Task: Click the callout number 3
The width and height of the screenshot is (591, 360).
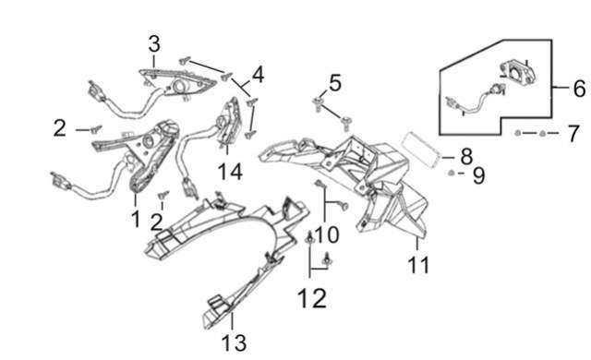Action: click(x=154, y=44)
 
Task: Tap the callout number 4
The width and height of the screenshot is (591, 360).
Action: click(x=258, y=75)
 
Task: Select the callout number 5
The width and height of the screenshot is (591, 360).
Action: click(x=334, y=83)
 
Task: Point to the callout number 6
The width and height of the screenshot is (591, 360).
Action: click(x=579, y=89)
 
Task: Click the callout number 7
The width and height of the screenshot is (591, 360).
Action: click(x=573, y=134)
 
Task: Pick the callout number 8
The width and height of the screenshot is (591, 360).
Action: click(x=466, y=156)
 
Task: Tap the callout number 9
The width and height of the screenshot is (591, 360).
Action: click(x=478, y=175)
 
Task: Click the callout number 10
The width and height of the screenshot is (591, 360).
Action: click(x=327, y=234)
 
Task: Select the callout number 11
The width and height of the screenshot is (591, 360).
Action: click(x=418, y=265)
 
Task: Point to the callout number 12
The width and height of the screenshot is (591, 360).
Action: click(x=312, y=299)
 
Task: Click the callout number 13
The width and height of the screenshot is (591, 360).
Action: click(x=234, y=343)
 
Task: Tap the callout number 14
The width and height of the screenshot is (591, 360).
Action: click(x=230, y=172)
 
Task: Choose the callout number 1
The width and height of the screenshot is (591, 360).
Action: click(x=136, y=219)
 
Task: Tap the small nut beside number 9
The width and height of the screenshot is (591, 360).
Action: click(x=451, y=173)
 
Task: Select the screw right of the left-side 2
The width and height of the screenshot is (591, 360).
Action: click(x=96, y=129)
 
